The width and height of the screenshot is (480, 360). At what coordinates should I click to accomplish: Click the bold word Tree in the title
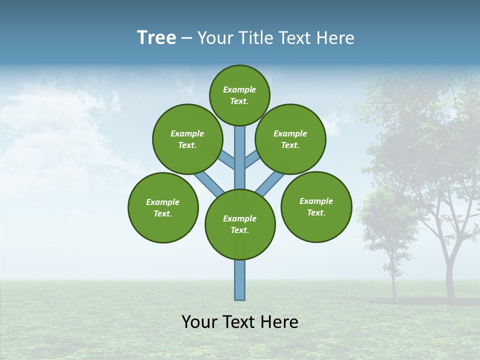click(x=156, y=38)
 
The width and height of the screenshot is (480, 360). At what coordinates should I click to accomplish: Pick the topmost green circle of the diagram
click(x=239, y=95)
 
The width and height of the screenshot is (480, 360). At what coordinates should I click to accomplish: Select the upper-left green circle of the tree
click(x=187, y=139)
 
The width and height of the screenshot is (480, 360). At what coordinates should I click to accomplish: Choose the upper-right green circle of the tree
click(x=290, y=139)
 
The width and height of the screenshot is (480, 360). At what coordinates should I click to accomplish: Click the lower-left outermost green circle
click(x=163, y=207)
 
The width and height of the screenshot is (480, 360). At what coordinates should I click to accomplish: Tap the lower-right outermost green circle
click(x=316, y=207)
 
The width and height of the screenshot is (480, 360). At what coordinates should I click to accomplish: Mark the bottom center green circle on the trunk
click(x=240, y=224)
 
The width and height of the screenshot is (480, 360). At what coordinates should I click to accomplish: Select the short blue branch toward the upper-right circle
click(x=251, y=159)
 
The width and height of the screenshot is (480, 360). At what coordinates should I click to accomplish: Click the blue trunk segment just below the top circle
click(x=240, y=145)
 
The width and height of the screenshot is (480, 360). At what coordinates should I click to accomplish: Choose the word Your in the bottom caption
click(x=198, y=322)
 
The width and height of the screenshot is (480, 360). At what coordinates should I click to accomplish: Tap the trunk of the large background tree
click(x=450, y=275)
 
